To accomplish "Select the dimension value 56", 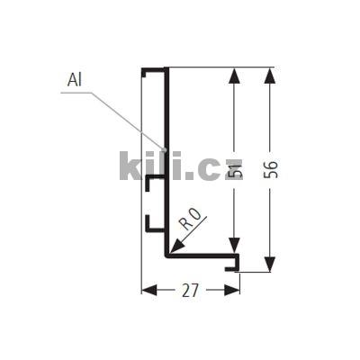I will pyautogui.click(x=271, y=169).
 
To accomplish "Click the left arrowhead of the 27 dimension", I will pyautogui.click(x=149, y=290).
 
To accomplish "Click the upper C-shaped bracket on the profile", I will pyautogui.click(x=150, y=184).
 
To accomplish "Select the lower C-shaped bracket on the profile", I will pyautogui.click(x=150, y=221).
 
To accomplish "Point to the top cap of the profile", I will pyautogui.click(x=155, y=69).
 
